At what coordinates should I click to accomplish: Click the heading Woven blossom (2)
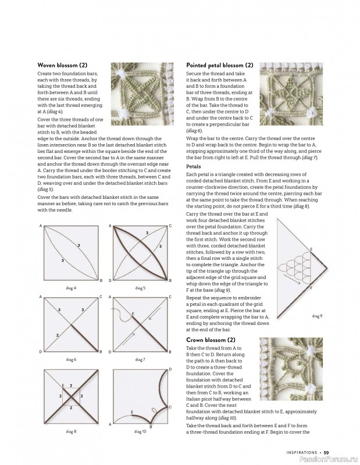62,65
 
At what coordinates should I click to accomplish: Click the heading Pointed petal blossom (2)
220,65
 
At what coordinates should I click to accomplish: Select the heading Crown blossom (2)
211,340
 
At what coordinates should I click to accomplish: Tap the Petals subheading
194,166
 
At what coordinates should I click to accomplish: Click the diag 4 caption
71,288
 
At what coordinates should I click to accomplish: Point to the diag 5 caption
140,288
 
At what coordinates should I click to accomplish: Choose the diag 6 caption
71,359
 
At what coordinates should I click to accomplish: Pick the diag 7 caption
140,359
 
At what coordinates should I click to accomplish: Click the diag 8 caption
71,431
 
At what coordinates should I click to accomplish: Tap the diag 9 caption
317,316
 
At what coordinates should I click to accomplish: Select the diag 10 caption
140,431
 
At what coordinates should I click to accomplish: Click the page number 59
326,453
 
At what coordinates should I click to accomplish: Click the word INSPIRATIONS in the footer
302,453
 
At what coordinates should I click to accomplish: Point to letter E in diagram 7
133,313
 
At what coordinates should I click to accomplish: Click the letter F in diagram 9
311,288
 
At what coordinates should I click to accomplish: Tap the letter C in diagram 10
170,407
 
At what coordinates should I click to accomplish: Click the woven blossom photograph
142,94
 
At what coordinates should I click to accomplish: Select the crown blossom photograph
291,369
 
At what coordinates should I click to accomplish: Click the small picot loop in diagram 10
154,410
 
